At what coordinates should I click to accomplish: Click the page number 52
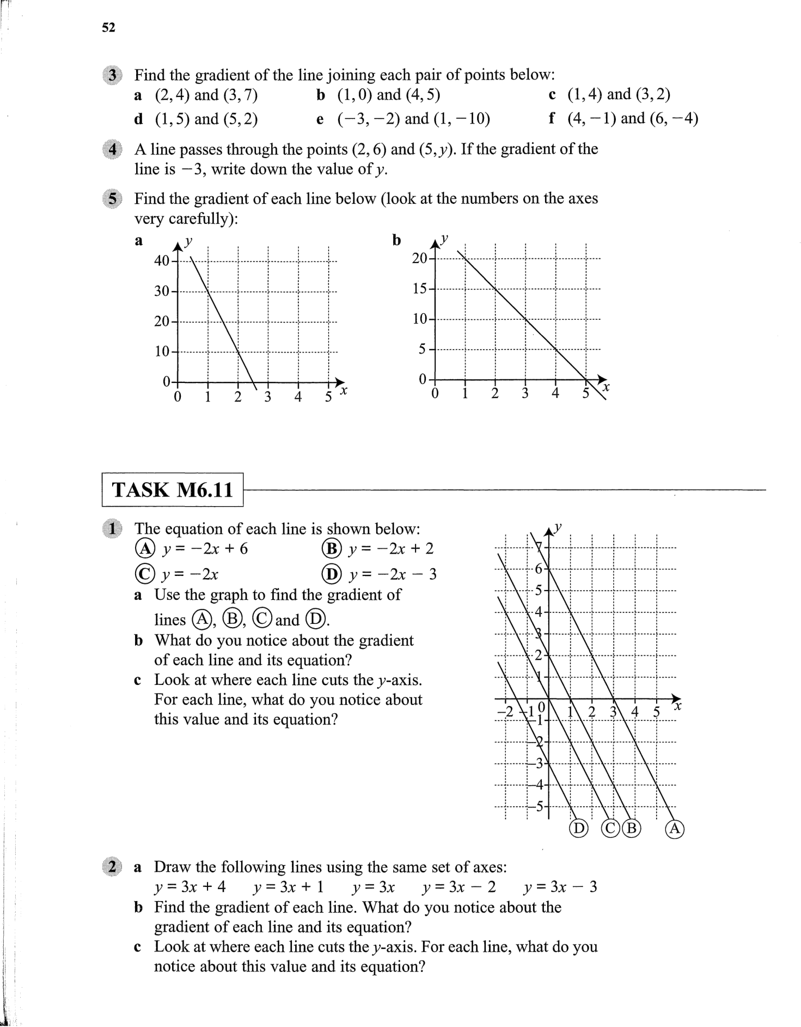[x=108, y=28]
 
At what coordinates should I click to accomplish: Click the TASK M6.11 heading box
[x=172, y=490]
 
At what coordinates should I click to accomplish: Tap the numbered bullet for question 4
[x=112, y=149]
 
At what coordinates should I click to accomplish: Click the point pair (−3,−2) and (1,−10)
[x=413, y=119]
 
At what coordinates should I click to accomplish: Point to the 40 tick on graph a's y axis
[x=162, y=260]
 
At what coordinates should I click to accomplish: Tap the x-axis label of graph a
[x=343, y=391]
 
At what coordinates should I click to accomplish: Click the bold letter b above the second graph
[x=397, y=240]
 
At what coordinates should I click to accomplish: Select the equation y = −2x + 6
[x=205, y=549]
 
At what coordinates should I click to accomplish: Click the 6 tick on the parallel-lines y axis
[x=539, y=569]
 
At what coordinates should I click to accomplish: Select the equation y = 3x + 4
[x=189, y=887]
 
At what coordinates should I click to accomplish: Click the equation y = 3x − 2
[x=459, y=887]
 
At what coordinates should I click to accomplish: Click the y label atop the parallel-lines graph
[x=558, y=527]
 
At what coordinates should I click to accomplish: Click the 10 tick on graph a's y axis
[x=162, y=351]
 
